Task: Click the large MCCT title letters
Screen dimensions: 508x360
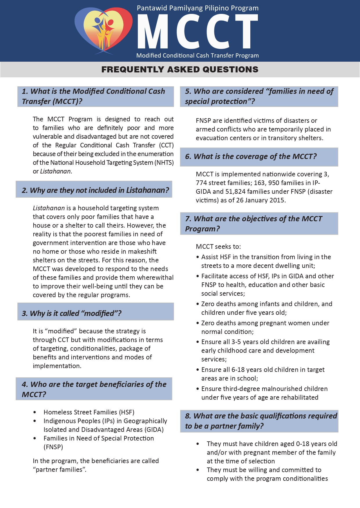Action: click(197, 31)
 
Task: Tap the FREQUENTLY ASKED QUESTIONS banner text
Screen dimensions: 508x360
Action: click(180, 70)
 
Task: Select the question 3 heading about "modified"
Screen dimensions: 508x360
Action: click(72, 313)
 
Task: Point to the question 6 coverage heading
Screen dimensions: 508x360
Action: click(251, 157)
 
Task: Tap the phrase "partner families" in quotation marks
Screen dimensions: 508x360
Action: click(60, 470)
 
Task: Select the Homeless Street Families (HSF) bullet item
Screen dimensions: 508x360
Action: click(89, 412)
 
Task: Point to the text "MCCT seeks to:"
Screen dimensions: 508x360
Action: click(218, 247)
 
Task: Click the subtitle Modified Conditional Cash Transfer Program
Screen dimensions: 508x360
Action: click(198, 56)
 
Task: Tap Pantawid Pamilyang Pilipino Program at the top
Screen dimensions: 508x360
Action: click(198, 8)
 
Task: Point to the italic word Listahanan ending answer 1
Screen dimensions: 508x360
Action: click(55, 171)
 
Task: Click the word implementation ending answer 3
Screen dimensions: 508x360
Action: click(57, 366)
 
